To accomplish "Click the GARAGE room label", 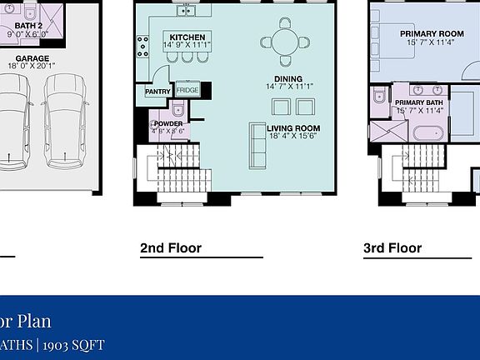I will coord(32,59).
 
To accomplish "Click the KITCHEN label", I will coord(187,37).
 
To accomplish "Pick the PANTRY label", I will coord(157,92).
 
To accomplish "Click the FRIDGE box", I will coord(187,89).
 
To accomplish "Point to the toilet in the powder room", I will coord(177,109).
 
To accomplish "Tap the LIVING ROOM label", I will coord(293,128).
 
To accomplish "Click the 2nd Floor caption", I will coord(171,247).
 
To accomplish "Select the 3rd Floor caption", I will coord(392,247).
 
